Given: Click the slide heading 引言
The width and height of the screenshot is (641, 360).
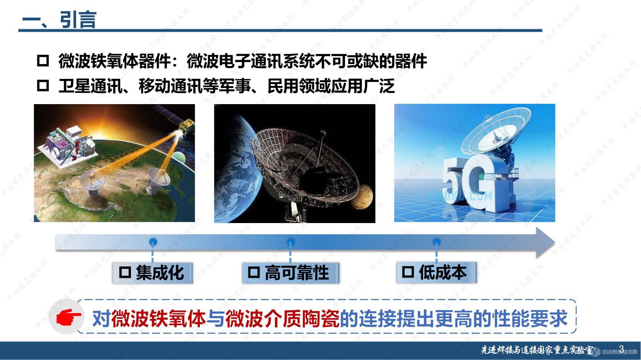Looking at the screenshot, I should pyautogui.click(x=78, y=20).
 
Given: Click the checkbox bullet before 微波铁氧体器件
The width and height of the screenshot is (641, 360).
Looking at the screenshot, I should pyautogui.click(x=43, y=61).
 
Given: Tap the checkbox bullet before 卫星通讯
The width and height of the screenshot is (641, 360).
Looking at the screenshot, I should pyautogui.click(x=43, y=85).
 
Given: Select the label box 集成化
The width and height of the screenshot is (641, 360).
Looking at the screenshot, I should pyautogui.click(x=152, y=273).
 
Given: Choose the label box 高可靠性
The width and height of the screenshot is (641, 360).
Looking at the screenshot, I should pyautogui.click(x=290, y=273).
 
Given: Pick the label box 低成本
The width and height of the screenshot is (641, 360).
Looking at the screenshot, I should pyautogui.click(x=436, y=272).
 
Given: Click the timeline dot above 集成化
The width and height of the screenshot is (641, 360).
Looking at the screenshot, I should pyautogui.click(x=153, y=242).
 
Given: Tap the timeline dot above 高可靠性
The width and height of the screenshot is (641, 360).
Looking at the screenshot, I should pyautogui.click(x=290, y=242).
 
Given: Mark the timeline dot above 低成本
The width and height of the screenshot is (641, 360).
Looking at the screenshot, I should pyautogui.click(x=436, y=242).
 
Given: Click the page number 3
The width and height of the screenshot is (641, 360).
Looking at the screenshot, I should pyautogui.click(x=621, y=348).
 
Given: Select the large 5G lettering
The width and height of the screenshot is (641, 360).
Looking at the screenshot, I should pyautogui.click(x=469, y=184).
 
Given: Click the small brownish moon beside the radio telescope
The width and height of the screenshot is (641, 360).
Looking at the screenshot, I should pyautogui.click(x=362, y=196).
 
